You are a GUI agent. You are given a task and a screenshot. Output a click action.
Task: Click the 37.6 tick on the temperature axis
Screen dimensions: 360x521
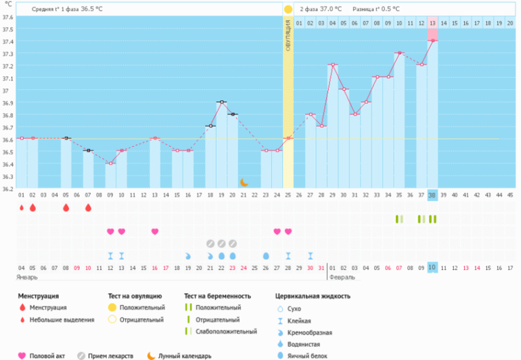tap(7, 30)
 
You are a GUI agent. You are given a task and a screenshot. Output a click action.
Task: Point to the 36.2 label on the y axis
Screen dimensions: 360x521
tap(7, 189)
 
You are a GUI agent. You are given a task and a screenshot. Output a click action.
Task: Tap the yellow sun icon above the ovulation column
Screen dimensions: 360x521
tap(288, 9)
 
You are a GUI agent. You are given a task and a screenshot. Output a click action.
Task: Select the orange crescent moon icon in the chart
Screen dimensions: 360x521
tap(244, 182)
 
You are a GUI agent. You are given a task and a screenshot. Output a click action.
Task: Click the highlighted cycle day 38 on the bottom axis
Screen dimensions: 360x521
tap(432, 195)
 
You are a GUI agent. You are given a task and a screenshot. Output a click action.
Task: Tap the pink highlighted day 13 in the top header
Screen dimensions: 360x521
tap(432, 23)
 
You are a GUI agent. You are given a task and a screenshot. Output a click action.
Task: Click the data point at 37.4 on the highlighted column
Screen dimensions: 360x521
tap(432, 41)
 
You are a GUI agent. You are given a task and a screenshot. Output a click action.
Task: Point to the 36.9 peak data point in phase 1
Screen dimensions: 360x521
tap(221, 102)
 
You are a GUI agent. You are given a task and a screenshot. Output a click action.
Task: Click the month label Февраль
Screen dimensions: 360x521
tap(342, 277)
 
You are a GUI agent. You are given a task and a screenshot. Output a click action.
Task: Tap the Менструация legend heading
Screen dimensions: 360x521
tap(38, 296)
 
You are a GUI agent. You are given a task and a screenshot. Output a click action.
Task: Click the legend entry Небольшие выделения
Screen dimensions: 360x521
tap(62, 319)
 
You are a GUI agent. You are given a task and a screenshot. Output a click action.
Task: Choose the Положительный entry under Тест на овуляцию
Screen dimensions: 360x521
tap(142, 308)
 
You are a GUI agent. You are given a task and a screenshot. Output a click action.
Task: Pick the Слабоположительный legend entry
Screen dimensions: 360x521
tap(226, 332)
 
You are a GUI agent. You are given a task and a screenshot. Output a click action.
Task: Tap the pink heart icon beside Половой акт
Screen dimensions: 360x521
tap(22, 355)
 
